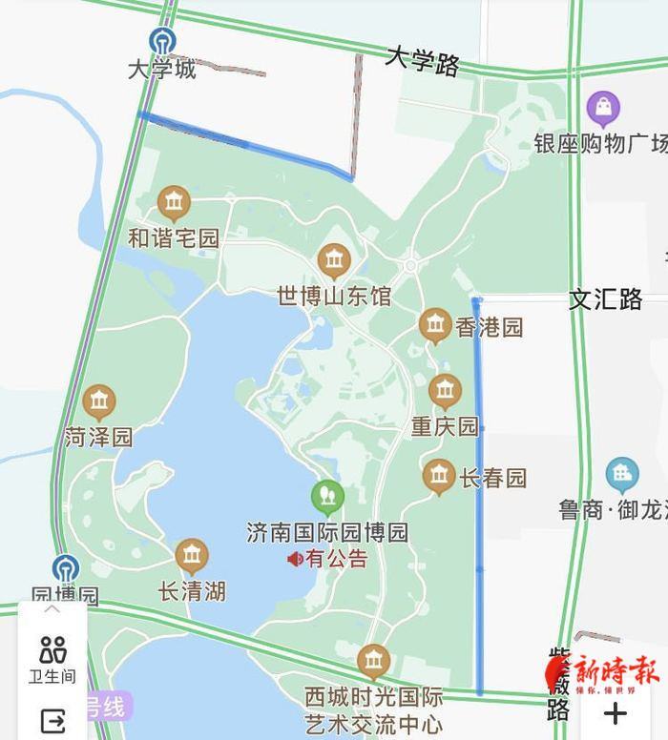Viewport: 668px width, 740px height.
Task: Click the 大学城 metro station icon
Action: tap(162, 41)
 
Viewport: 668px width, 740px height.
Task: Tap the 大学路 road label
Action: tap(423, 61)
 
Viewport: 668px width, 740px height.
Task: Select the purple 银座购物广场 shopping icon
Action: tap(603, 110)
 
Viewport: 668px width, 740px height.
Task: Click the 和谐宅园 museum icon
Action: tap(174, 202)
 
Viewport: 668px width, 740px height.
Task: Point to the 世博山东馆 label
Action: tap(334, 296)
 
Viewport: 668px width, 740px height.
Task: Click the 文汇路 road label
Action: tap(606, 299)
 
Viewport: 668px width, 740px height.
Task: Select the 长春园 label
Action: tap(492, 478)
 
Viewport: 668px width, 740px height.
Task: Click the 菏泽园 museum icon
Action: tap(99, 402)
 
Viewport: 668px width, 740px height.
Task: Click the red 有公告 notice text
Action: tap(336, 559)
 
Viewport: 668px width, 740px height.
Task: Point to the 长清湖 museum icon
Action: tap(192, 556)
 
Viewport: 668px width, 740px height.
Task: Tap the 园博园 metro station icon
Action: tap(66, 569)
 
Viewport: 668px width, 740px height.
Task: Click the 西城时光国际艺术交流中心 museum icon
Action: tap(373, 660)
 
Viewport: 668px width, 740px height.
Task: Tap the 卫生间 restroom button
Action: tap(52, 658)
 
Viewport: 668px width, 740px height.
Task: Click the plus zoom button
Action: tap(616, 712)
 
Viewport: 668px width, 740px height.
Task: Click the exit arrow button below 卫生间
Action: tap(52, 722)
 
